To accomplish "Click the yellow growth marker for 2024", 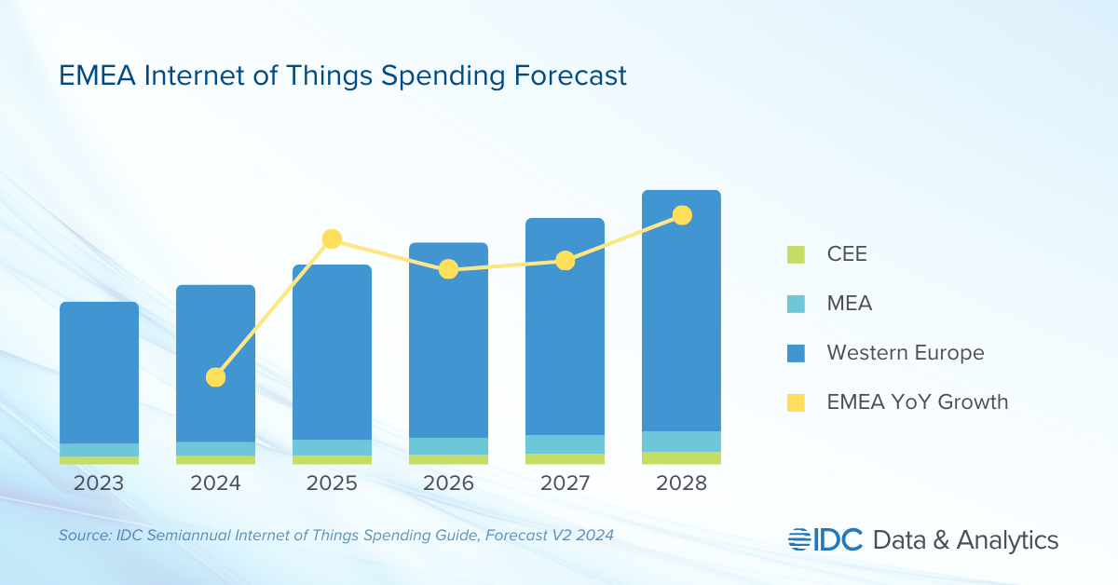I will click(x=215, y=377).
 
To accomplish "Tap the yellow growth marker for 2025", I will click(x=332, y=239).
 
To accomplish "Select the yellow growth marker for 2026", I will click(x=448, y=269).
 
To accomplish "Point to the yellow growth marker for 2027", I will click(x=565, y=261).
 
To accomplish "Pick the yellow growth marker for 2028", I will click(x=682, y=215).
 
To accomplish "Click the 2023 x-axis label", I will click(x=99, y=483).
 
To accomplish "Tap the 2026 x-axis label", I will click(x=448, y=483).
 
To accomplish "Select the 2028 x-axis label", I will click(x=681, y=483).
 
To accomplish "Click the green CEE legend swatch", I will click(x=796, y=253).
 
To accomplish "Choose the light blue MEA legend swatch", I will click(x=796, y=304).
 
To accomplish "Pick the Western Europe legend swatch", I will click(x=796, y=353).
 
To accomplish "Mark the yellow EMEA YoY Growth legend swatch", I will click(x=796, y=402).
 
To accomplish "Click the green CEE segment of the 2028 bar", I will click(x=681, y=457).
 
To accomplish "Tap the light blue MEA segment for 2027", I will click(x=565, y=444).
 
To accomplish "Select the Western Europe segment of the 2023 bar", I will click(x=99, y=373).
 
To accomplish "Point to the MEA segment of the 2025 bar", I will click(x=332, y=447).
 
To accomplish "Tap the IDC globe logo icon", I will click(x=800, y=539).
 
